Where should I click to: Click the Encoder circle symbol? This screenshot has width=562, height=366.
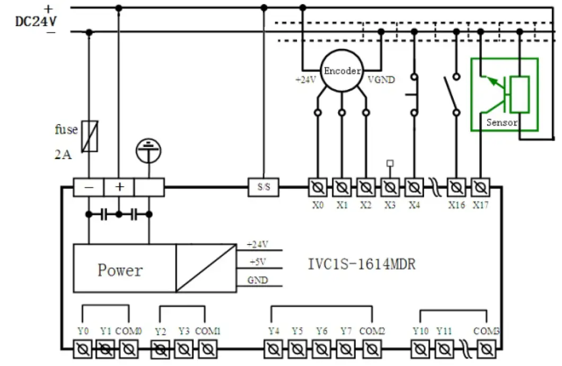pyautogui.click(x=343, y=71)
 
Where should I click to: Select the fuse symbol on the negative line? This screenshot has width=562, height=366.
pyautogui.click(x=90, y=136)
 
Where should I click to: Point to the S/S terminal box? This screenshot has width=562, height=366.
pyautogui.click(x=264, y=187)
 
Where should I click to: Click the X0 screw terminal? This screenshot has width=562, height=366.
pyautogui.click(x=318, y=187)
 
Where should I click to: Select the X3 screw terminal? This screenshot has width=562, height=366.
pyautogui.click(x=390, y=187)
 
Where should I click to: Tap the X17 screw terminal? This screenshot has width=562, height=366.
pyautogui.click(x=480, y=187)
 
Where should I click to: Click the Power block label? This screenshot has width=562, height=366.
pyautogui.click(x=120, y=270)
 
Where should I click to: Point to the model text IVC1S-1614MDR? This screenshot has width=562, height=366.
pyautogui.click(x=362, y=264)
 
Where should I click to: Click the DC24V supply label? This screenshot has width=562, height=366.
pyautogui.click(x=36, y=22)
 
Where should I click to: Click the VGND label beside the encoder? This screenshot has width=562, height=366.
pyautogui.click(x=381, y=80)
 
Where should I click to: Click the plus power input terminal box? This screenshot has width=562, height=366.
pyautogui.click(x=119, y=187)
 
